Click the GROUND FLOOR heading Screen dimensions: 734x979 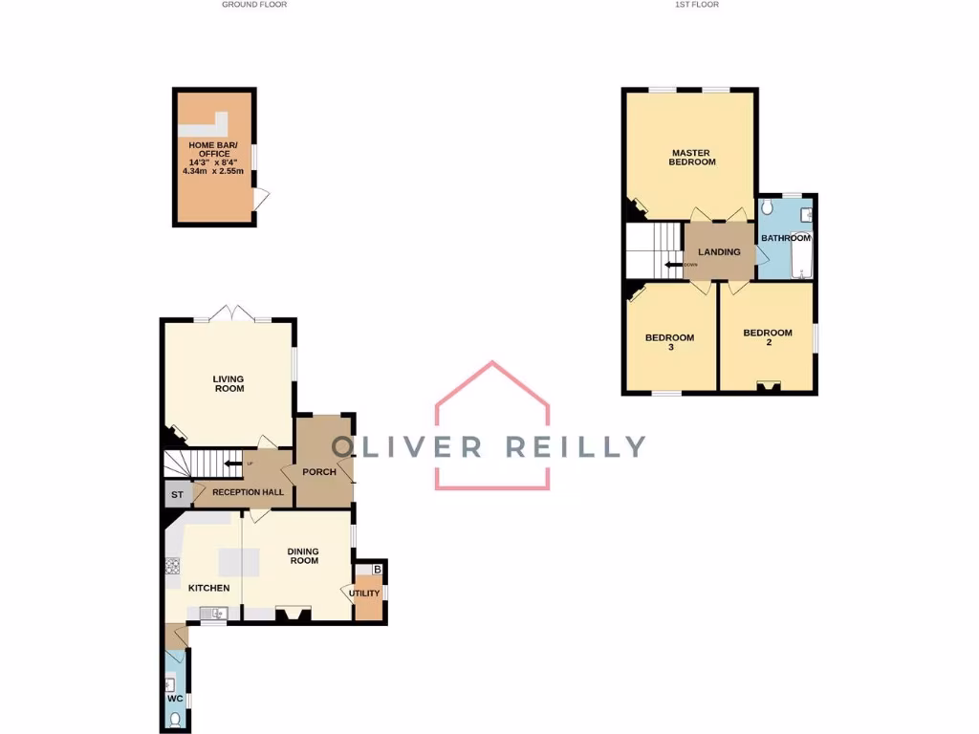tap(254, 5)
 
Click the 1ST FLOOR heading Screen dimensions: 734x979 tap(696, 5)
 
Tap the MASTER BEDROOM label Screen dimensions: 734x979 tap(693, 158)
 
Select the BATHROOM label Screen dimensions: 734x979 tap(785, 238)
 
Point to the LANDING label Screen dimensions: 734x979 tap(719, 252)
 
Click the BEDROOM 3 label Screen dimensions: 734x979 tap(669, 342)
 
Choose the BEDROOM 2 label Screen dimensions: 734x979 tap(768, 337)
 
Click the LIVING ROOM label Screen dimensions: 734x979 tap(228, 383)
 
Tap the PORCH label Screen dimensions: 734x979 tap(319, 472)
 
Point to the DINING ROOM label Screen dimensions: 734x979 tap(303, 555)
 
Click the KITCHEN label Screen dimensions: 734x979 tap(208, 588)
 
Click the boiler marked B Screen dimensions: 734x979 tap(377, 571)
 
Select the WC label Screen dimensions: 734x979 tap(175, 699)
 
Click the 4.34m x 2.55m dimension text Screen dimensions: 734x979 tap(213, 171)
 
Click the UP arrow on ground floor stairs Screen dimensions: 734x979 tap(231, 464)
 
